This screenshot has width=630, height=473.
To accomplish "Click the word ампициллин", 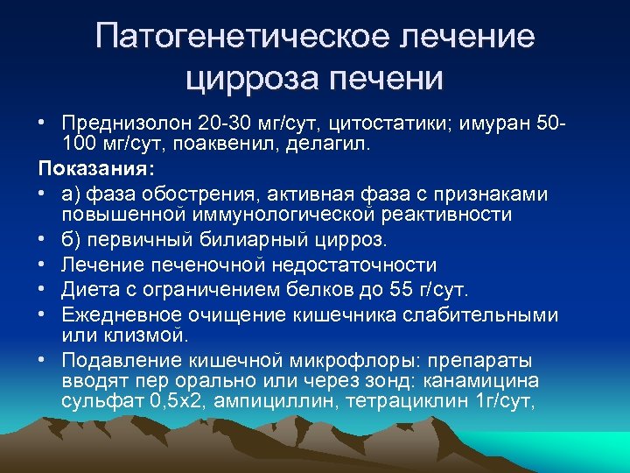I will (x=275, y=402).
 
